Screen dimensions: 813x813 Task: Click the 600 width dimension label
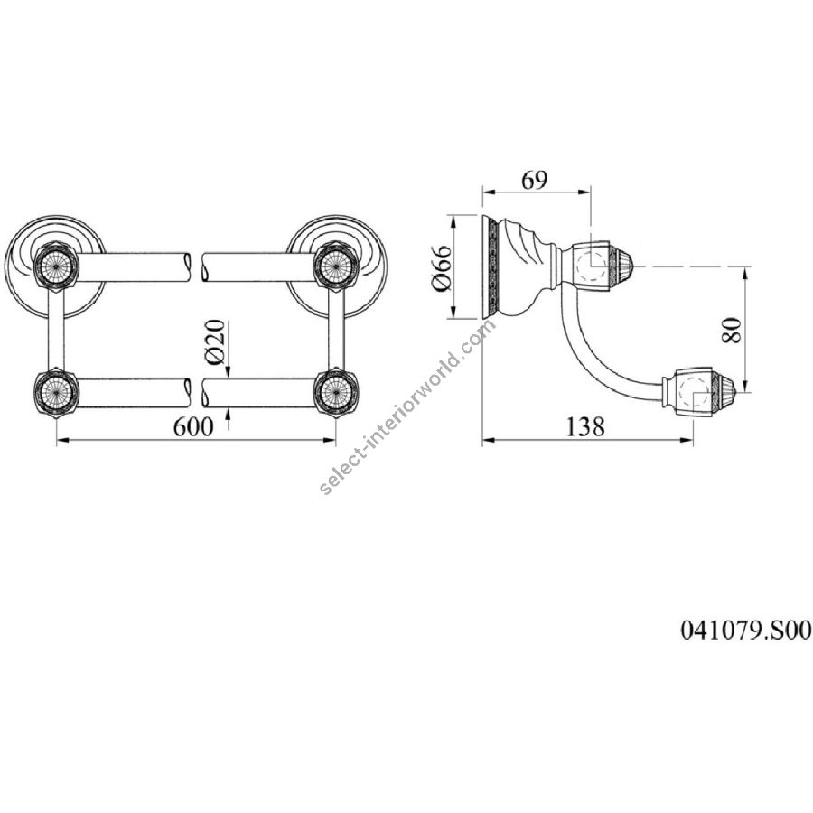(193, 426)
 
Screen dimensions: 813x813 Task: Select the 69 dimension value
(534, 180)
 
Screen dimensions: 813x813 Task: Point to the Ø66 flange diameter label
(444, 268)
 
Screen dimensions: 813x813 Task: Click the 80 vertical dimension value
(731, 329)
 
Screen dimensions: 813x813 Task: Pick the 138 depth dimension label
(584, 426)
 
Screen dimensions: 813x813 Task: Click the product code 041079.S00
(745, 631)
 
